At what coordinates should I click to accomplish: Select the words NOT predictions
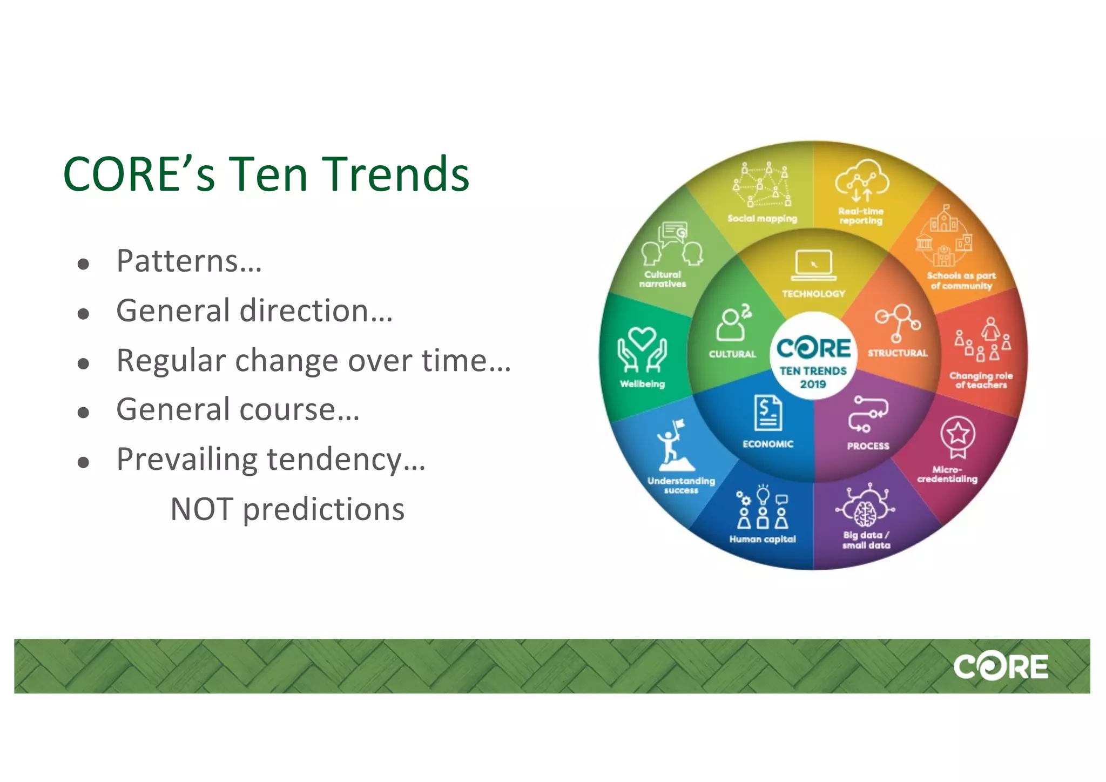[287, 509]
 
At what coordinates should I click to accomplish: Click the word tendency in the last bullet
[346, 460]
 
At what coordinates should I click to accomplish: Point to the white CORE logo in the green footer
[1000, 666]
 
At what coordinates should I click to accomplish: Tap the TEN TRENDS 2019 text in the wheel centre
[813, 377]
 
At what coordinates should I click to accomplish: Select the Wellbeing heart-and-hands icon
[642, 349]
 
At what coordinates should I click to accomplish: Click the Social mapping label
[762, 219]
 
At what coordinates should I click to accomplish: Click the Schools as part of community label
[961, 280]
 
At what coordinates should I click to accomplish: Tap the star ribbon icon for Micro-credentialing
[958, 435]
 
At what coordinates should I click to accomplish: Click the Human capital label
[763, 539]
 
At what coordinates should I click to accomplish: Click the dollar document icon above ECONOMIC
[768, 413]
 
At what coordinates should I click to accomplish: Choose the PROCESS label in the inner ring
[868, 446]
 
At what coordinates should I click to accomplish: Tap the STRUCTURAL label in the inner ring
[898, 353]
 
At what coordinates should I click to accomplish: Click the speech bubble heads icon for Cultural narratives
[672, 244]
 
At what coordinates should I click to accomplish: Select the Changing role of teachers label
[981, 380]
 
